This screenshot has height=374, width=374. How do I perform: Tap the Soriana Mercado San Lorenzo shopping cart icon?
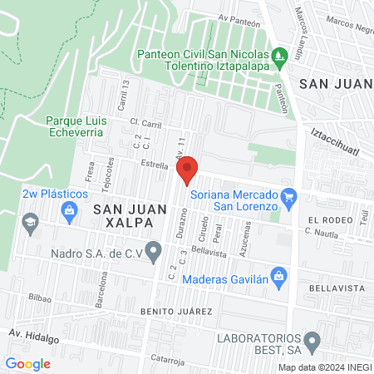click(x=288, y=197)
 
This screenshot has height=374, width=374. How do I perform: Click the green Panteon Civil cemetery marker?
click(x=281, y=56)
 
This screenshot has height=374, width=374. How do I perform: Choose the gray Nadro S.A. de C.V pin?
click(x=154, y=249)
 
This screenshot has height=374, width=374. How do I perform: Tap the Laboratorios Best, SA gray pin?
click(x=312, y=340)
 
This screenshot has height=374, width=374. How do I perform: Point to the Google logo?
click(x=27, y=363)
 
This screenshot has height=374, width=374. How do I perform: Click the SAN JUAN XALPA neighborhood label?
click(x=123, y=216)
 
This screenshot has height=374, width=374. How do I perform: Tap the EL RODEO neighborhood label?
click(x=326, y=220)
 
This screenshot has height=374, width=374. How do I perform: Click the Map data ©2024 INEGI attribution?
click(x=324, y=367)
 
